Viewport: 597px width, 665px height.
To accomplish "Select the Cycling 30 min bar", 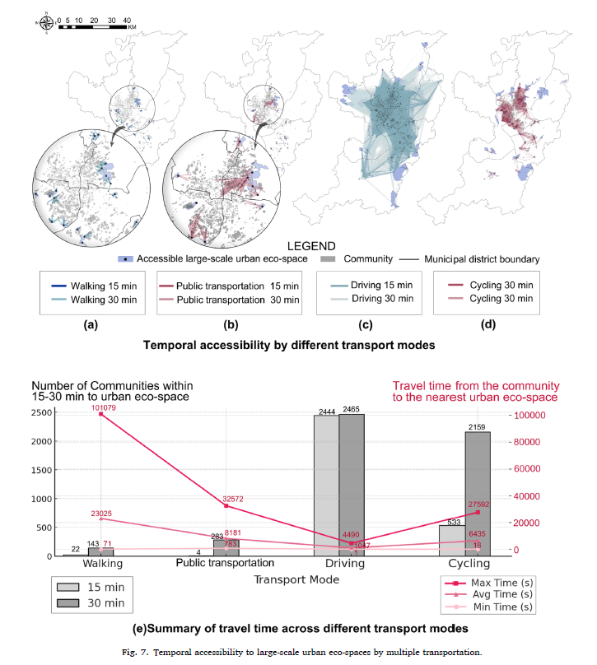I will click(479, 494).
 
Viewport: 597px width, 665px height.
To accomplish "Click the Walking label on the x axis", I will click(103, 564).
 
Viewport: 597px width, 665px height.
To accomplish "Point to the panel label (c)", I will click(361, 323).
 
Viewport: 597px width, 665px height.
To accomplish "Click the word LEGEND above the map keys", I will click(312, 244).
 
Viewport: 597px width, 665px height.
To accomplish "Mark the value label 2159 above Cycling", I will click(479, 427).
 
